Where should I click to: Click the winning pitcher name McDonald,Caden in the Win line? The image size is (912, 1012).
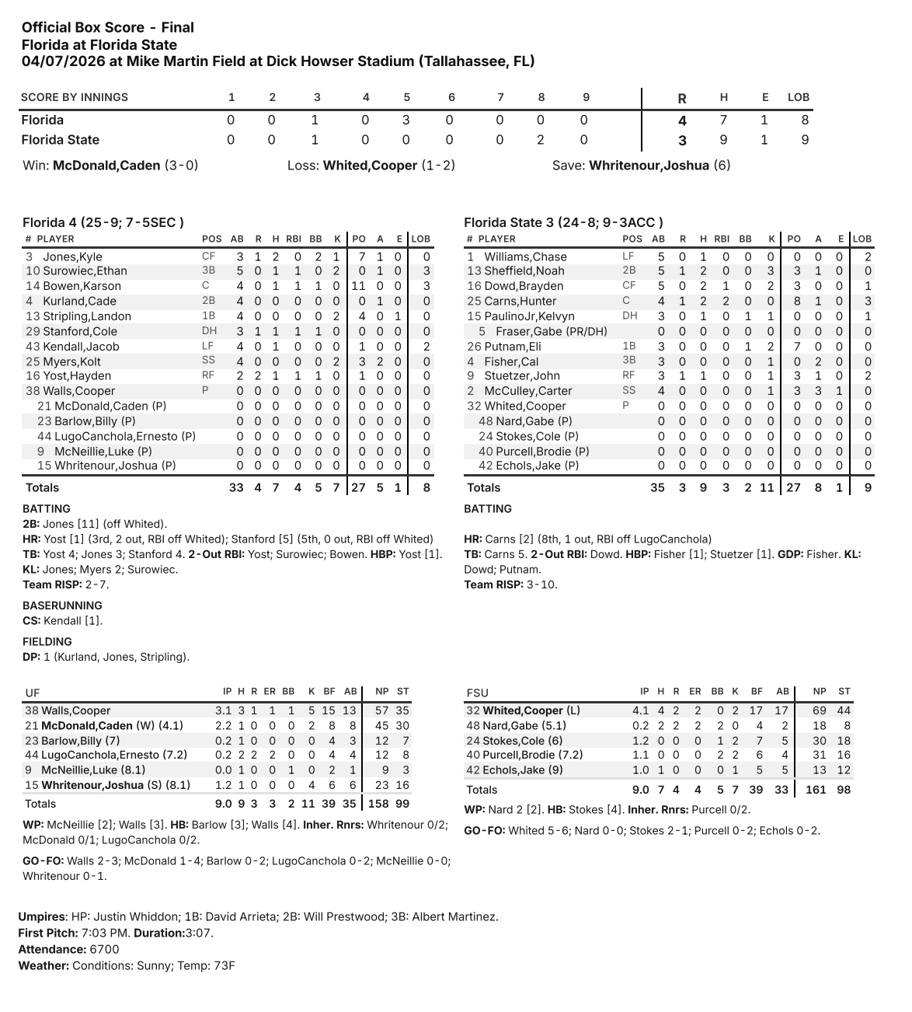coord(106,166)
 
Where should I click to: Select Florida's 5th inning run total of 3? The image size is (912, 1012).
coord(406,120)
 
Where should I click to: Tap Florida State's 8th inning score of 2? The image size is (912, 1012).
coord(541,140)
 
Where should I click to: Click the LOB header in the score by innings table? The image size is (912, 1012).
coord(799,97)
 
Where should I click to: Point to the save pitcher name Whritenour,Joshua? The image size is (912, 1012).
coord(649,166)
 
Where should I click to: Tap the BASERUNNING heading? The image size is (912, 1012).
coord(62,605)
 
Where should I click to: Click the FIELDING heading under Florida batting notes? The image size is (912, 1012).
coord(47,642)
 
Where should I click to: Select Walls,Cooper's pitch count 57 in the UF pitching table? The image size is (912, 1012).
coord(381,710)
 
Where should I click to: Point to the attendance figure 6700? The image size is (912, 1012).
coord(105,949)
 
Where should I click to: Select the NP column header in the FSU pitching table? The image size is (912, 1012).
coord(820,691)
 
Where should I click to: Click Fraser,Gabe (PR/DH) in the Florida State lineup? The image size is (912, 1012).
coord(552,331)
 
